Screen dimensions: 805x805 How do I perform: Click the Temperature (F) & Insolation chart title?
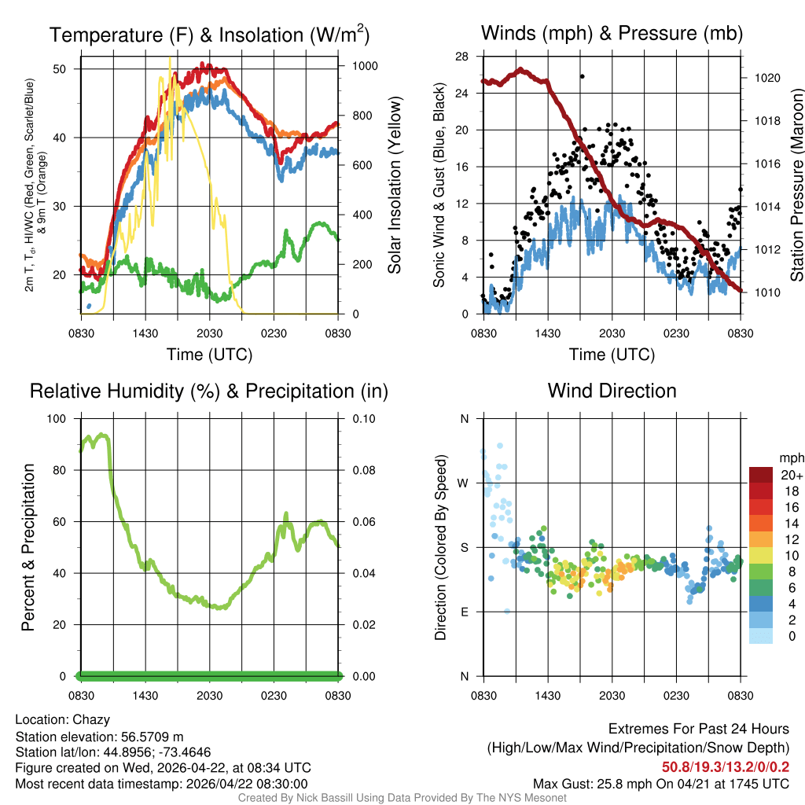[209, 35]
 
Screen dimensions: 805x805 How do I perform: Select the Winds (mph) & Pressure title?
[612, 33]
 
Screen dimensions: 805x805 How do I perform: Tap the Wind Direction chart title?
[612, 391]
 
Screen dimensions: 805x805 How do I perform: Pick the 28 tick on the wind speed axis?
[462, 56]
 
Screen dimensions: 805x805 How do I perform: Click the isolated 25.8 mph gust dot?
[582, 76]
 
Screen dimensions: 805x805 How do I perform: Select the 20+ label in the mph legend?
[792, 475]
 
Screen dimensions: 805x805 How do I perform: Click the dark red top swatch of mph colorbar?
[761, 475]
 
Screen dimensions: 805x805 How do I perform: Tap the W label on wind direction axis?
[464, 483]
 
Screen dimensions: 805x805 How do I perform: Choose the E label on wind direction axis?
[464, 612]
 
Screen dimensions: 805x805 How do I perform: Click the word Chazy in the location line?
[91, 719]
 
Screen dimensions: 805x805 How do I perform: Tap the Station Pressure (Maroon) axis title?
[796, 186]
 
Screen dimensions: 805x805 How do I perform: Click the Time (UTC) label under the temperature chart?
[209, 355]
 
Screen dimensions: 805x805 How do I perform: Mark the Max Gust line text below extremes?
[660, 784]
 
